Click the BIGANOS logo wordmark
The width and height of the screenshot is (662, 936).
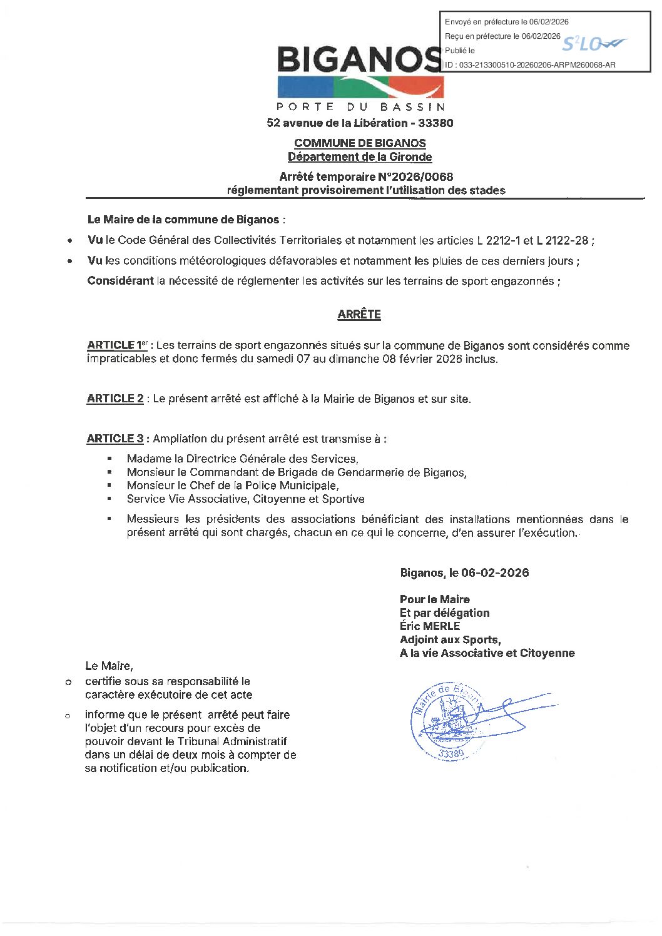359,60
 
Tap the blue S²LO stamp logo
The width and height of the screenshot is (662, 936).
593,44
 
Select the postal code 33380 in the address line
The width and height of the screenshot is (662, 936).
435,123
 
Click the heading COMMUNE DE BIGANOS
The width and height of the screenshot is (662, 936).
360,143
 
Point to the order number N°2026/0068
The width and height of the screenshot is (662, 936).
415,177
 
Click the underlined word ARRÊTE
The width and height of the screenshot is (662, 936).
359,315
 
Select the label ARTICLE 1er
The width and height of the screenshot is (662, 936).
117,345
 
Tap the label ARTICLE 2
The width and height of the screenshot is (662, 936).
115,399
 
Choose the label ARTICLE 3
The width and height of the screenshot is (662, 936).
115,439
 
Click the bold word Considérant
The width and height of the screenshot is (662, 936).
121,281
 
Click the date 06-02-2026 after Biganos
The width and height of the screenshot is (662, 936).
495,573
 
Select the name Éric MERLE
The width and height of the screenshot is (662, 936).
430,626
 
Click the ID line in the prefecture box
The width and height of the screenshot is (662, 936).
530,64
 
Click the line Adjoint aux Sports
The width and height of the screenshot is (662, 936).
450,640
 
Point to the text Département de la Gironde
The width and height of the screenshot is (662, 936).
360,157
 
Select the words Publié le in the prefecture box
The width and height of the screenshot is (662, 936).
460,51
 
